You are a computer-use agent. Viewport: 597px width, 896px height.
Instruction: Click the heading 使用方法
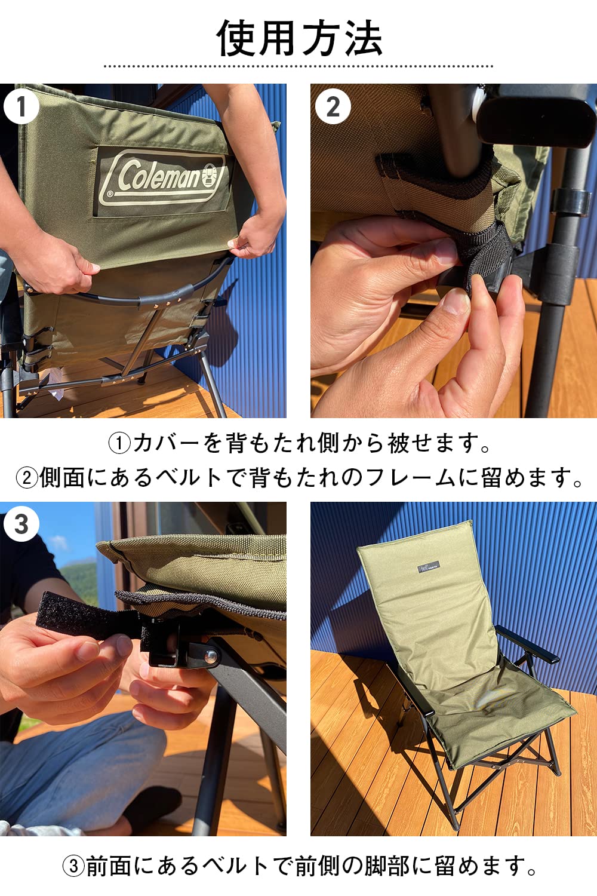click(298, 38)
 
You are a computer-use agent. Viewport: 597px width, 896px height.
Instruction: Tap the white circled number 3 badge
click(21, 524)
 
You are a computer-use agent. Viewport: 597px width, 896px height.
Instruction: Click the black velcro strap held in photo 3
click(72, 615)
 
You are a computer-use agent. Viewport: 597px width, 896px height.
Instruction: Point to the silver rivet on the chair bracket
click(211, 655)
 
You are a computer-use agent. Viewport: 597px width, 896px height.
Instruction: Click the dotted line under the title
click(298, 66)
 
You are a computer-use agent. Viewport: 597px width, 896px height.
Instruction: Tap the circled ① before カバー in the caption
click(119, 443)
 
